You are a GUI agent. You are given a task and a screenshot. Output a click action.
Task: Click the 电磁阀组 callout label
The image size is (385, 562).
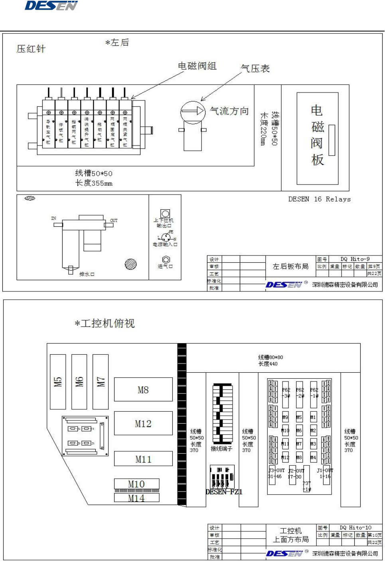[197, 66]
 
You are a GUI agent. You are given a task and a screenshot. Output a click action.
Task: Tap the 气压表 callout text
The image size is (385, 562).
[255, 69]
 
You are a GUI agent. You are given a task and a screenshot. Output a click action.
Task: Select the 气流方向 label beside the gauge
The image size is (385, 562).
[229, 111]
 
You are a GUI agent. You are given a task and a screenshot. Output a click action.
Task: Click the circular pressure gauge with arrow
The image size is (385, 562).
[193, 112]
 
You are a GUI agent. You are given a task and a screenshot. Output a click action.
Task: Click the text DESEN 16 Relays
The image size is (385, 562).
[320, 199]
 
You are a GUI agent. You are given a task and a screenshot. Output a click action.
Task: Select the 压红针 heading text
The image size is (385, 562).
[31, 49]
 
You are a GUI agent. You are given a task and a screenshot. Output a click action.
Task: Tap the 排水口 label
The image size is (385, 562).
[87, 274]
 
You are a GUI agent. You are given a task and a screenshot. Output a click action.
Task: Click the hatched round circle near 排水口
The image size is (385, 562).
[130, 264]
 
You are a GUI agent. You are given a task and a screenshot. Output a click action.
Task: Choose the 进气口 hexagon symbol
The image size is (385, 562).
[166, 260]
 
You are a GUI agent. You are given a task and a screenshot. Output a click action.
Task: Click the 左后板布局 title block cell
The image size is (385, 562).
[290, 266]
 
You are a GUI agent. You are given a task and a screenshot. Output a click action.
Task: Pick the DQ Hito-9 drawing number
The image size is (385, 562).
[355, 259]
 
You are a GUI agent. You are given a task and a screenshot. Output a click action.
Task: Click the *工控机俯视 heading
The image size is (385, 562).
[105, 323]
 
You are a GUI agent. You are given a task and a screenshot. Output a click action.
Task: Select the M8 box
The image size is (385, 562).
[143, 390]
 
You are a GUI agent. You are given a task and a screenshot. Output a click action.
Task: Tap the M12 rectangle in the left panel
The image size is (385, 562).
[143, 424]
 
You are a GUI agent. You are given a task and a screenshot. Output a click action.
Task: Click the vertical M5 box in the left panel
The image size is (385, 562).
[58, 382]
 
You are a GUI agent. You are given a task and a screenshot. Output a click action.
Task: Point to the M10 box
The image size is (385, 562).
[136, 484]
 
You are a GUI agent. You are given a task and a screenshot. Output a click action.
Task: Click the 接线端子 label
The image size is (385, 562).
[221, 449]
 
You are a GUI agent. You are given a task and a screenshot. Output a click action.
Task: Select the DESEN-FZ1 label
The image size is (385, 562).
[224, 492]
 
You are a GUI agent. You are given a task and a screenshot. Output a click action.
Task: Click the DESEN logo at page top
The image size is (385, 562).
[51, 6]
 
